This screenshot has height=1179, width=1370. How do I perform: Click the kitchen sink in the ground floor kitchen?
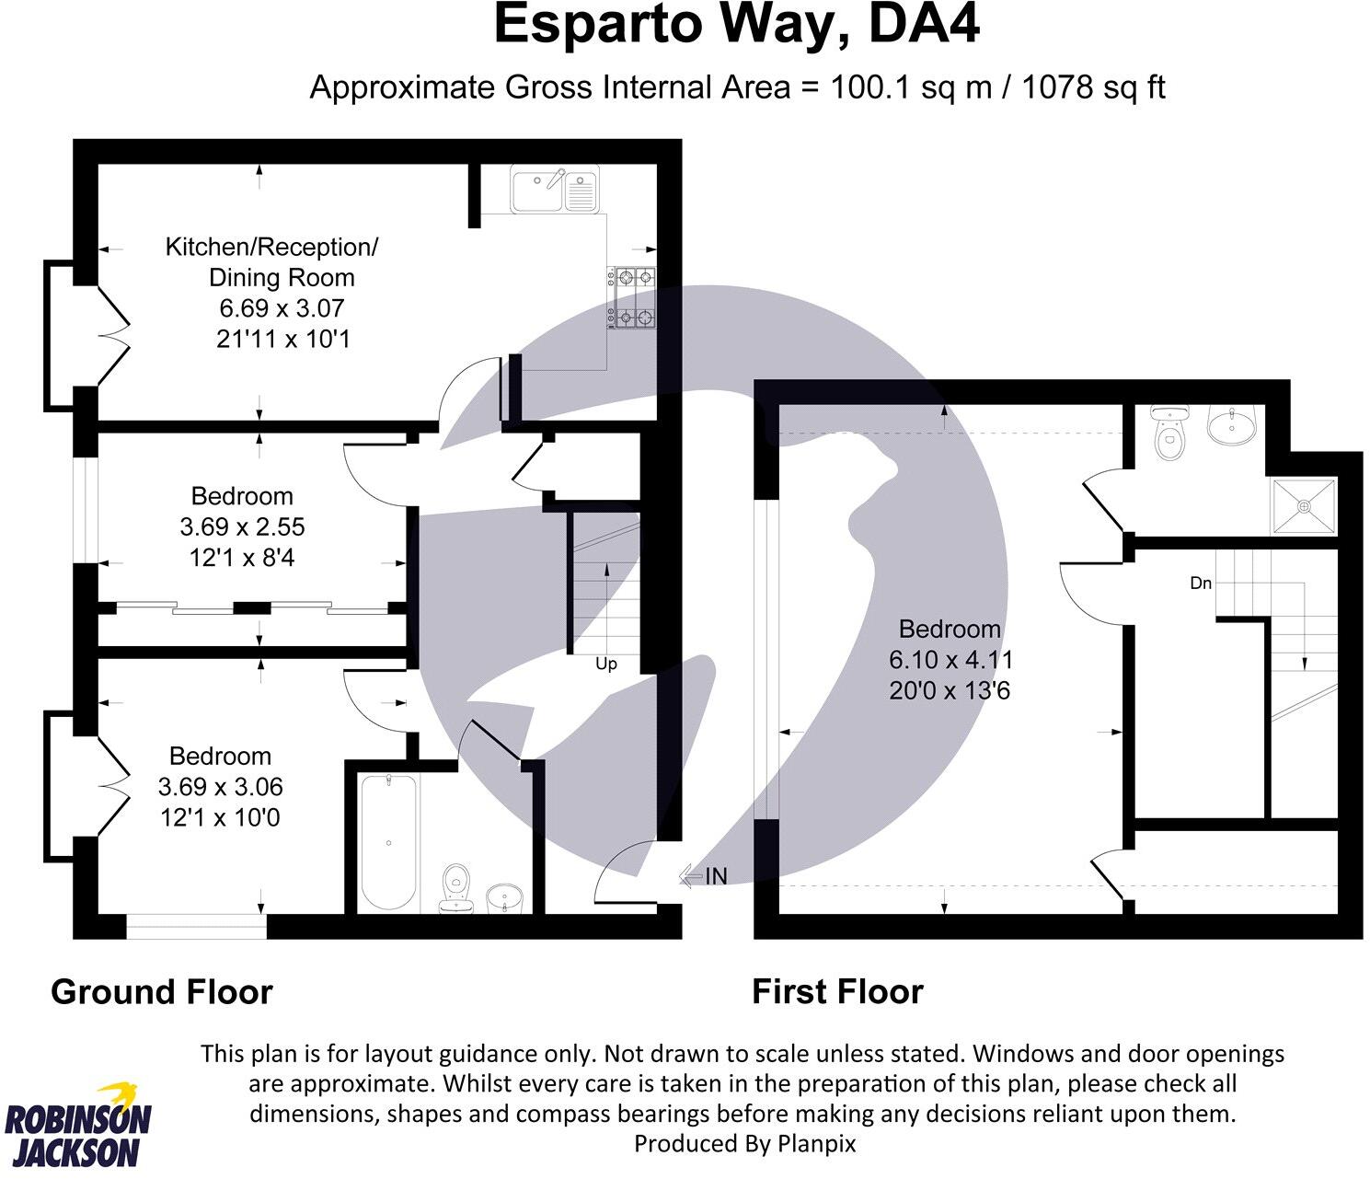(555, 189)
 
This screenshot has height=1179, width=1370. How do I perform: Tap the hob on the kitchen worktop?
(632, 297)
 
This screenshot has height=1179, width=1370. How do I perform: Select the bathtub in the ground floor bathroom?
(389, 842)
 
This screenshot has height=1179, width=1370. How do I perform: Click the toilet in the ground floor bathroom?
(456, 888)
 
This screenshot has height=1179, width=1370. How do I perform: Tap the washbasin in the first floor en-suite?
(1231, 425)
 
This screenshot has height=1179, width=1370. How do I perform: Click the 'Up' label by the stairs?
(606, 664)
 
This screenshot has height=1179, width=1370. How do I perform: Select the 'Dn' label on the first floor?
(1201, 584)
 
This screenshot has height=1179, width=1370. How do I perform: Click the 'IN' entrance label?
(716, 876)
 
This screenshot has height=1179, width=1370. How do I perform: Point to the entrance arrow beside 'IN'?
(691, 876)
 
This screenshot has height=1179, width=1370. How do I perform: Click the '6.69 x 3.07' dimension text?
(282, 308)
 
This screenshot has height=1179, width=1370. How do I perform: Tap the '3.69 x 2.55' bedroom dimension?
(242, 527)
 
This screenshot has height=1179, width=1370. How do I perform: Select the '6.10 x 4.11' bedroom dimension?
(950, 660)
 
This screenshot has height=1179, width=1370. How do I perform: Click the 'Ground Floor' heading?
(162, 993)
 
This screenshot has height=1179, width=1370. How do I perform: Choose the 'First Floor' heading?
(838, 993)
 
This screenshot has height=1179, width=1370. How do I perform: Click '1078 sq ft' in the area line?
(1094, 87)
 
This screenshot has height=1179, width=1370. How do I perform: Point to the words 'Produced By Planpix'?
(745, 1143)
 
